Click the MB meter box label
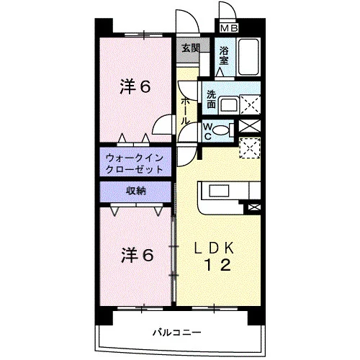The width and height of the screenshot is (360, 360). coord(229,28)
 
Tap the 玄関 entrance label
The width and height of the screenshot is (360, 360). coord(191,48)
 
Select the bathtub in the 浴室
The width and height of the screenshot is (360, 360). coord(248,56)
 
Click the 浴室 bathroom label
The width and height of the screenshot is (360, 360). coord(224,55)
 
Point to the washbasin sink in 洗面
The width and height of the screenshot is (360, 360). coord(229,104)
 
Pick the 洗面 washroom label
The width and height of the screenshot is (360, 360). coord(211,99)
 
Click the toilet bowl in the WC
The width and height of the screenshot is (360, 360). coord(221,130)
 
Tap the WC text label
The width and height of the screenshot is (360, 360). coord(207,131)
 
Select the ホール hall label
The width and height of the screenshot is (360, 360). coord(184,112)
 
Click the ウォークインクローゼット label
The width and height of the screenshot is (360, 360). coord(135,164)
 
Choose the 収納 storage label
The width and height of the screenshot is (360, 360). coord(136,191)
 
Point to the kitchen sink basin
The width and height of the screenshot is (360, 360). coord(219,191)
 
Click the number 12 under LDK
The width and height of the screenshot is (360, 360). coord(218,265)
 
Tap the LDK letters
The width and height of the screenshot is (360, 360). coord(214,248)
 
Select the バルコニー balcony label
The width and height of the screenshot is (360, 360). coord(177,333)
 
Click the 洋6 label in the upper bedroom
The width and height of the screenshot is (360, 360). coord(135,86)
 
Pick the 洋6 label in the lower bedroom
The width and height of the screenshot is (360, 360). coord(137,255)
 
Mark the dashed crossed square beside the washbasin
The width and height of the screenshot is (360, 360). coord(250,104)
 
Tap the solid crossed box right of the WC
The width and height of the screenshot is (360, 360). coord(250,126)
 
